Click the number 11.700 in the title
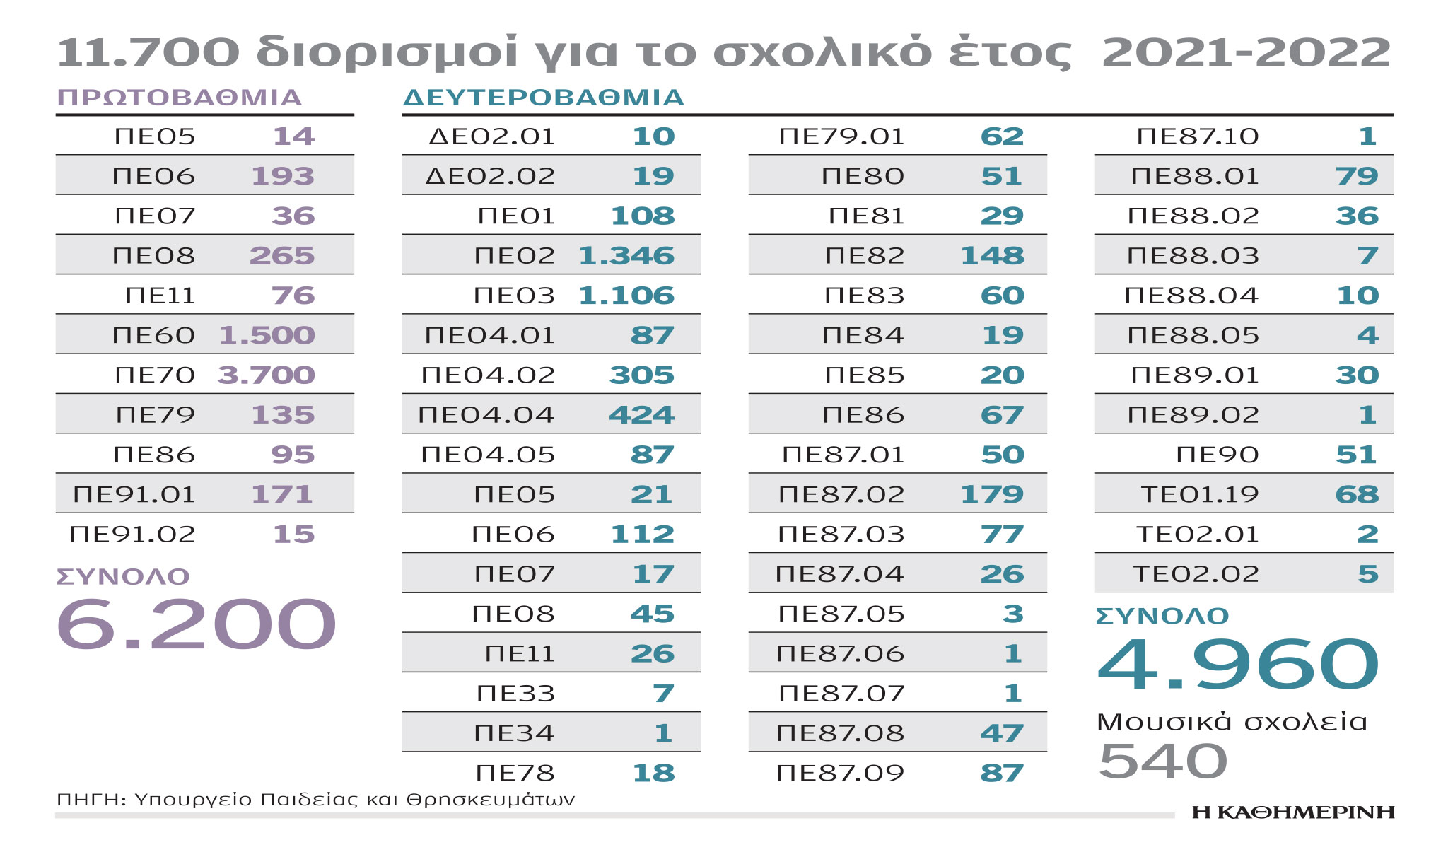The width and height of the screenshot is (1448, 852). [x=148, y=52]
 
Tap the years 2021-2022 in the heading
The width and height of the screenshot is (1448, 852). [x=1246, y=52]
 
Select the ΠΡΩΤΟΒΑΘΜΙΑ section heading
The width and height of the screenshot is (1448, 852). [x=180, y=97]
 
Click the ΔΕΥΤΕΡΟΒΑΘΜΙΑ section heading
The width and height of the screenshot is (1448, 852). [x=543, y=97]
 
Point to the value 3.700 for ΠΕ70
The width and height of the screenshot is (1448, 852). [x=266, y=375]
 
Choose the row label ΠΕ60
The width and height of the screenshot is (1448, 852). [x=153, y=335]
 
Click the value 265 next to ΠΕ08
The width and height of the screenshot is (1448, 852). [x=282, y=255]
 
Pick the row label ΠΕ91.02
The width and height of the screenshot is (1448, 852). [x=132, y=534]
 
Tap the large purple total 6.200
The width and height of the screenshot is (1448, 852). [x=196, y=624]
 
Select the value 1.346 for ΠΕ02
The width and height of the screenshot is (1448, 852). [x=626, y=255]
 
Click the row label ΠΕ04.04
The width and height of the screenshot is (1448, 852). [x=486, y=414]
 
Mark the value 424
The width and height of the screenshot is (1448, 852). [x=641, y=414]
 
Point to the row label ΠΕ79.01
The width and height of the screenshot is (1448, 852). [x=841, y=136]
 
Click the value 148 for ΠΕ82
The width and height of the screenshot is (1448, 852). [x=992, y=255]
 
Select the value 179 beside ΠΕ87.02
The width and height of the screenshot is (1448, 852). [x=992, y=494]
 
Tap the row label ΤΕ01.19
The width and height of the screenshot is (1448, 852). [x=1200, y=494]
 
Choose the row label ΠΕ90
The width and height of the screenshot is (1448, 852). [x=1217, y=455]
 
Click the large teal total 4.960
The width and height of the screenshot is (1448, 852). [x=1237, y=664]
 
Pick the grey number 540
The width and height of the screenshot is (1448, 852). [x=1163, y=761]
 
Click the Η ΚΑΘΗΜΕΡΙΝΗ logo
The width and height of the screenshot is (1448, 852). [x=1293, y=812]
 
